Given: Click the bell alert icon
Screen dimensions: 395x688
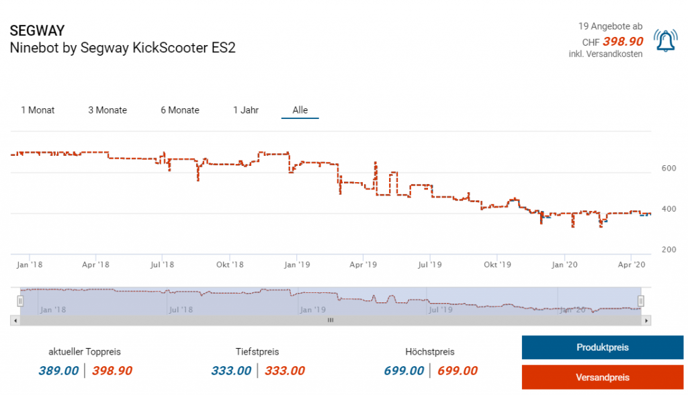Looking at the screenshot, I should (665, 42).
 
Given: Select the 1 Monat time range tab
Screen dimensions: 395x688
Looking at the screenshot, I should (38, 110).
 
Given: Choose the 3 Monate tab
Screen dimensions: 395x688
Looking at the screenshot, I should (107, 110).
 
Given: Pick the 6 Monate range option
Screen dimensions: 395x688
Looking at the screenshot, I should (180, 110).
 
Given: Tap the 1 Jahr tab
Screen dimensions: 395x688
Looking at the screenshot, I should (246, 110).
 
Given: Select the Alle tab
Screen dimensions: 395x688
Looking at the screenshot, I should (300, 110).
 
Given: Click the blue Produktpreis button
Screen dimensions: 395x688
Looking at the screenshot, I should (602, 348).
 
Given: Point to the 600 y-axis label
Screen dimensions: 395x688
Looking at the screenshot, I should (669, 168).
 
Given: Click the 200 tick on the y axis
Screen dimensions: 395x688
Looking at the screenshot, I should (669, 250).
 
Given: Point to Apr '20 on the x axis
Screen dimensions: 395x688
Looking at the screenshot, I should (631, 265).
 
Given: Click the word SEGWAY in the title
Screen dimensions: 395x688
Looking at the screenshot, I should (37, 32).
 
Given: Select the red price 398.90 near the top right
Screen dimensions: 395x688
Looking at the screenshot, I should (623, 42).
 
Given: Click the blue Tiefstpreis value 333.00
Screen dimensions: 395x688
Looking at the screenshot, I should (231, 371).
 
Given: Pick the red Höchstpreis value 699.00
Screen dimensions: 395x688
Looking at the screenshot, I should (458, 371).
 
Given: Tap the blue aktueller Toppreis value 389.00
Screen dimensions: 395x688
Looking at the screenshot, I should (58, 371).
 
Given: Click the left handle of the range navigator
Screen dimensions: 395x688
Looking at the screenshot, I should (21, 301).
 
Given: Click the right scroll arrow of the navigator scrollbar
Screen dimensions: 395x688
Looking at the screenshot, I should (646, 321).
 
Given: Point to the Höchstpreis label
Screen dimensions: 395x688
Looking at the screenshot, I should (430, 351).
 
